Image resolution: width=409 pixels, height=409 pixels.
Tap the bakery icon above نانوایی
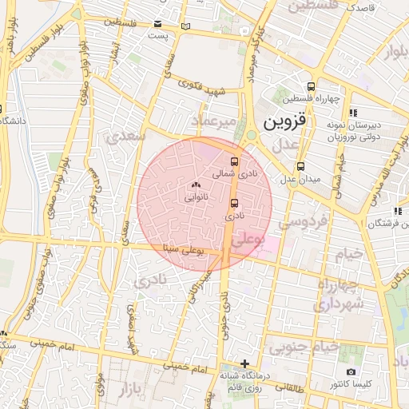coord(196,185)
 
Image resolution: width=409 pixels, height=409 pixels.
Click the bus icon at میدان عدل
coord(300,166)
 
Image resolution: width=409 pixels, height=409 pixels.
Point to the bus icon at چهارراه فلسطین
coord(311,88)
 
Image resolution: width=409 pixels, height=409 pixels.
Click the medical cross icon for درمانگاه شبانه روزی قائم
coord(244,364)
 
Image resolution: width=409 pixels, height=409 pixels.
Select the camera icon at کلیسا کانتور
coord(351,372)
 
